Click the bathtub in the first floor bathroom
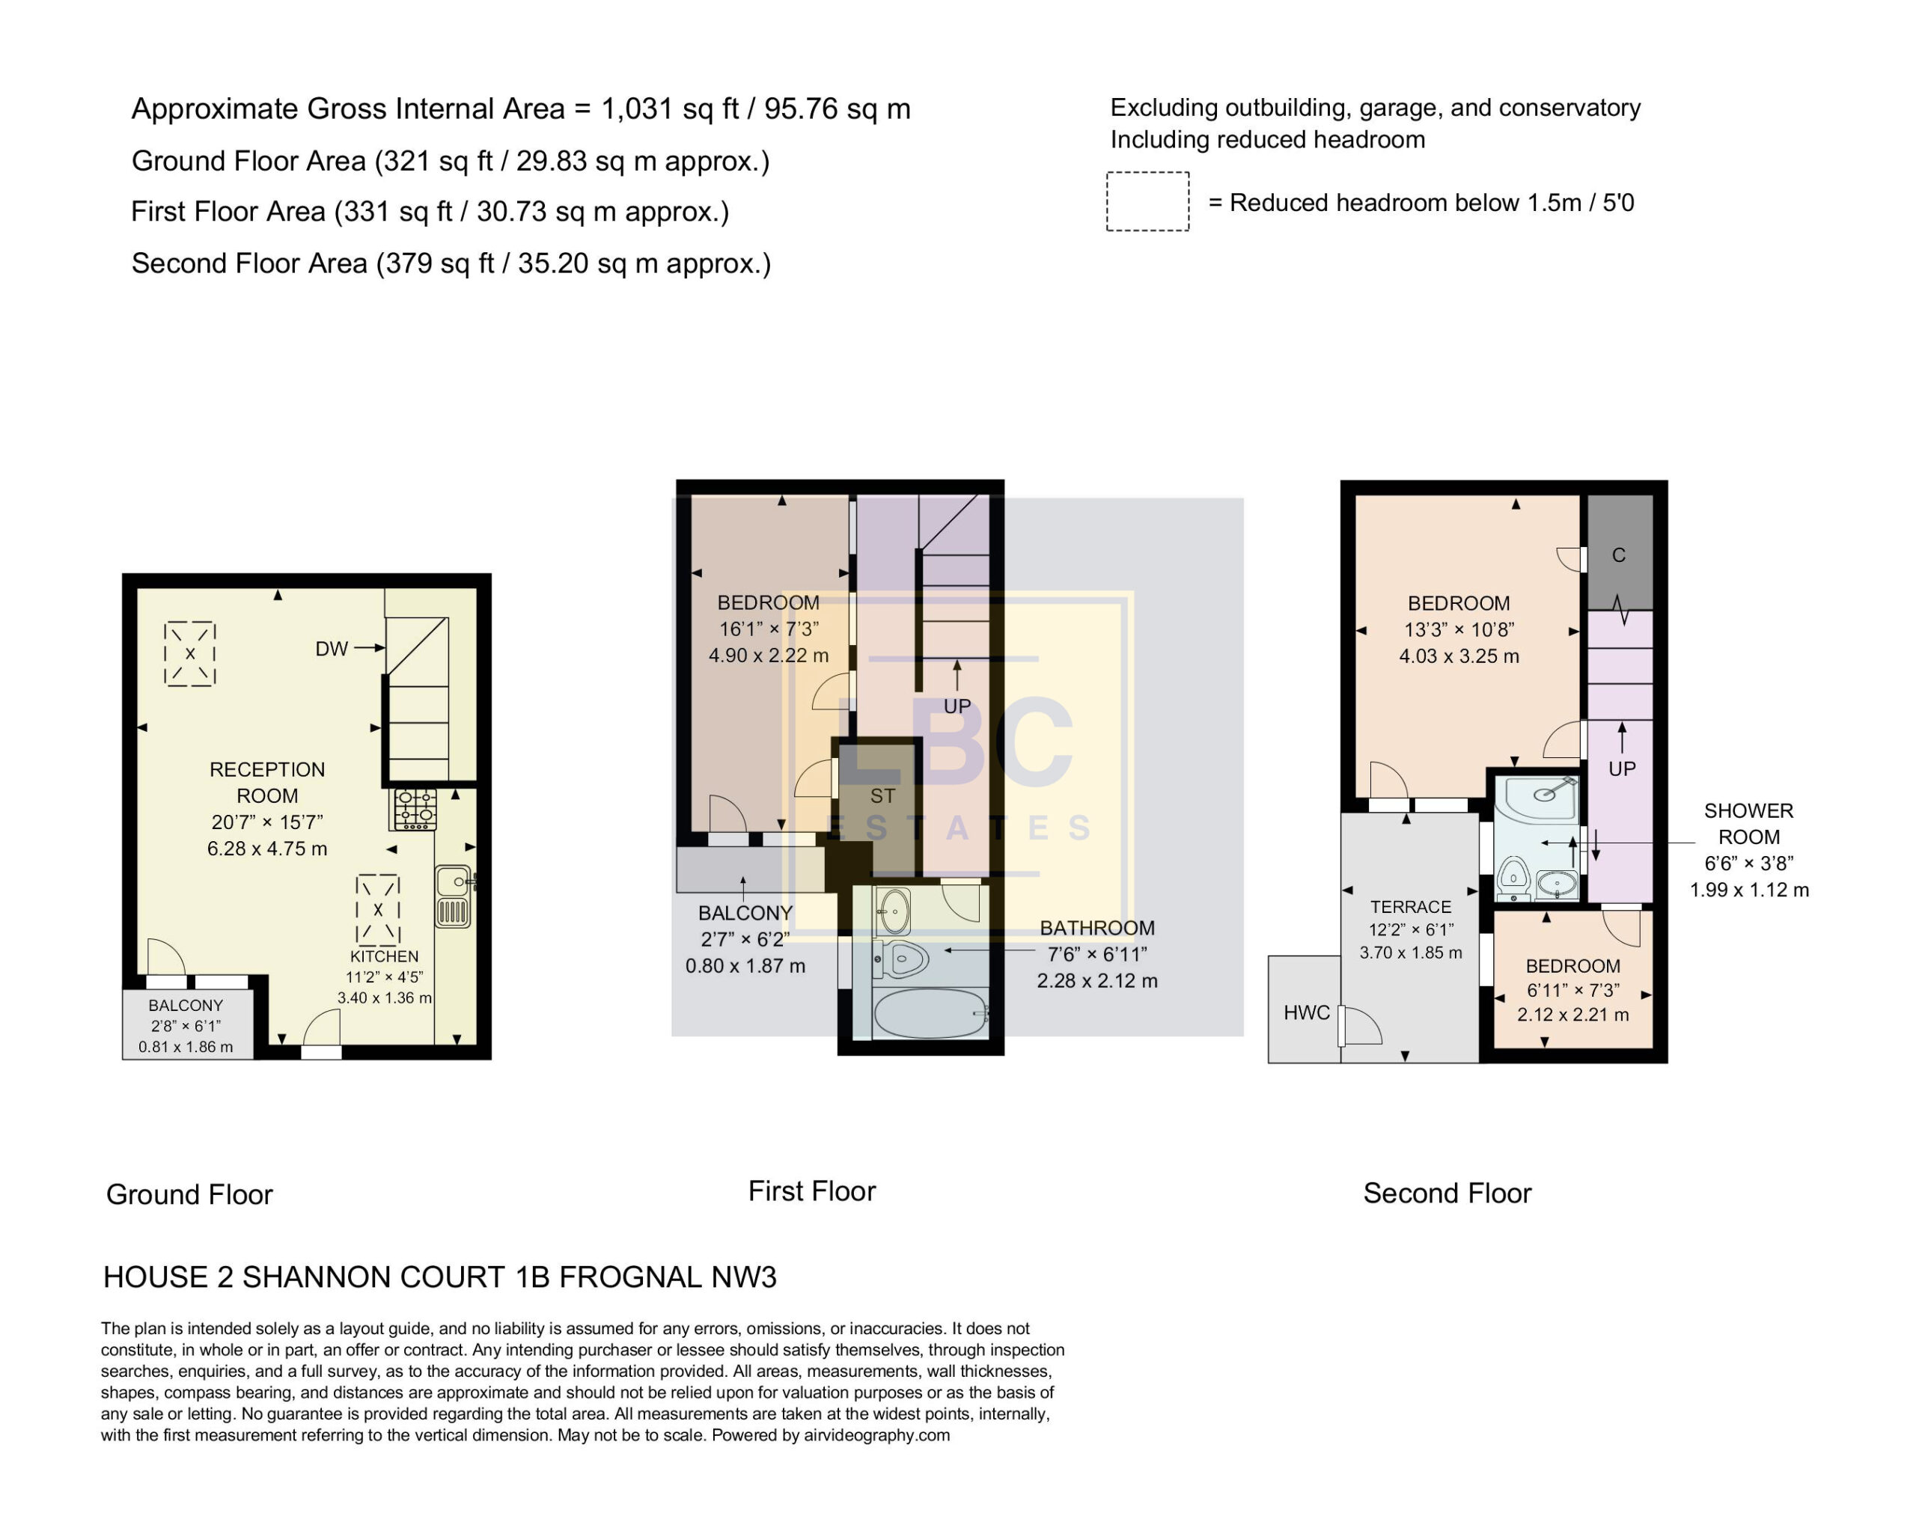point(930,1012)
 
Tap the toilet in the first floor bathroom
point(901,959)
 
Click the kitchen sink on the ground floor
point(454,896)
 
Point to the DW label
point(332,649)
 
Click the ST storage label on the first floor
point(882,796)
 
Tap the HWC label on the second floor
point(1306,1013)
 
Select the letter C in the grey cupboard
point(1618,555)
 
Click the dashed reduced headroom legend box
point(1147,202)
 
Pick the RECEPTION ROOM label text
point(266,782)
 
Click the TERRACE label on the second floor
point(1410,907)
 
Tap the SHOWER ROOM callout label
point(1749,824)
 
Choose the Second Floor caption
point(1447,1193)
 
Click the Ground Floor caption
point(189,1194)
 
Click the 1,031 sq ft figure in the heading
point(670,109)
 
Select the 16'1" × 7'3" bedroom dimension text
point(769,629)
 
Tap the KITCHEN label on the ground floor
point(384,956)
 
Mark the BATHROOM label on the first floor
point(1097,928)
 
